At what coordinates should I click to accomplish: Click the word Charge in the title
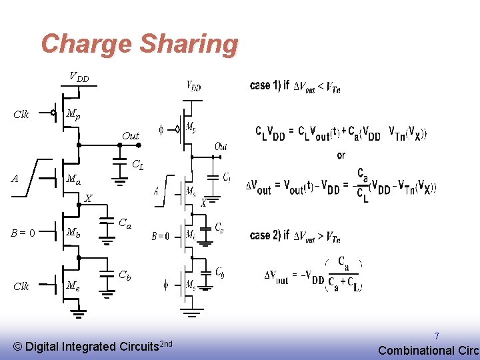(87, 44)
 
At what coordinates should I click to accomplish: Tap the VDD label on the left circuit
(79, 77)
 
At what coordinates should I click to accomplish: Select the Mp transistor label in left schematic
(73, 115)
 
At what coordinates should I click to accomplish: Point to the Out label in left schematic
(131, 136)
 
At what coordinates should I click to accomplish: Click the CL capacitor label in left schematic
(137, 163)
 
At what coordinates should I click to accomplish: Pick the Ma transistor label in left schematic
(73, 180)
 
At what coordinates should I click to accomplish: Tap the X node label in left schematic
(88, 197)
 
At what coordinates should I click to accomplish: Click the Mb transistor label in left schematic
(73, 233)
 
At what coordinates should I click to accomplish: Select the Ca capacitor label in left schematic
(125, 224)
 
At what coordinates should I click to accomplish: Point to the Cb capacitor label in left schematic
(125, 275)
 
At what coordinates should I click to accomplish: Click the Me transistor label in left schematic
(73, 286)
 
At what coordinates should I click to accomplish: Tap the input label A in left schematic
(15, 178)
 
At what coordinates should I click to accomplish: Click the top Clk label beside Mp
(21, 115)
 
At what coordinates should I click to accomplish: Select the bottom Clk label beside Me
(21, 286)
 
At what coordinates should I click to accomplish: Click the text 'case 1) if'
(269, 85)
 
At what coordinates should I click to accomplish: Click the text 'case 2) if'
(269, 235)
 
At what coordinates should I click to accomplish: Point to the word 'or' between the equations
(341, 155)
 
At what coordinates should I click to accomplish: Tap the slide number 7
(437, 337)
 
